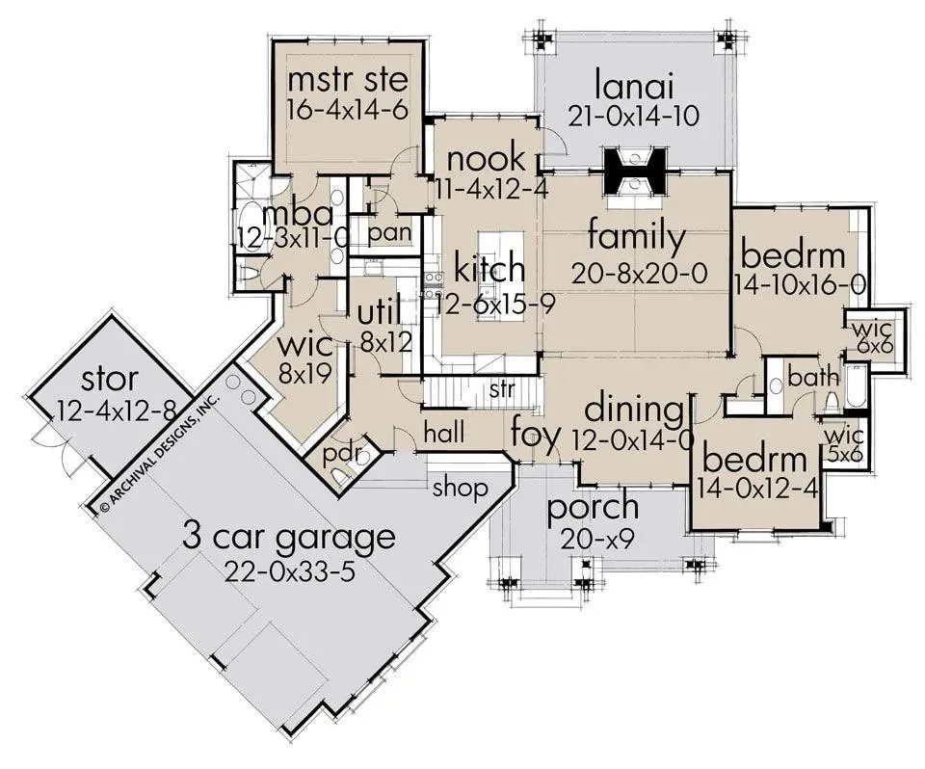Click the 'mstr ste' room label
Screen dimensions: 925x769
coord(348,80)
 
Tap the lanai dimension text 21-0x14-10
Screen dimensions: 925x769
coord(634,116)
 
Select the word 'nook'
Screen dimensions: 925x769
coord(486,158)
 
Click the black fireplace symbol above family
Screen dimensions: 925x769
coord(634,171)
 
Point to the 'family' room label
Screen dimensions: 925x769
coord(637,237)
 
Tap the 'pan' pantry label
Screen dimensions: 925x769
coord(389,232)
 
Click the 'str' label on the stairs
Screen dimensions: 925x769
coord(502,389)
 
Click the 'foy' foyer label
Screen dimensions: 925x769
coord(535,434)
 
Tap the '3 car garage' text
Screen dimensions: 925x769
coord(289,537)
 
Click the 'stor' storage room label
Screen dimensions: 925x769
coord(110,379)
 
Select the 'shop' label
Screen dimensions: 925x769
coord(461,488)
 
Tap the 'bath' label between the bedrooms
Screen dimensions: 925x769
coord(813,377)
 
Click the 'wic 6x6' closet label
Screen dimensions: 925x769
coord(869,337)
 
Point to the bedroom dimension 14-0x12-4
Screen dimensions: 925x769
coord(757,488)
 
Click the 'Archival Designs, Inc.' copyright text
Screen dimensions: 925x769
coord(159,451)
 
